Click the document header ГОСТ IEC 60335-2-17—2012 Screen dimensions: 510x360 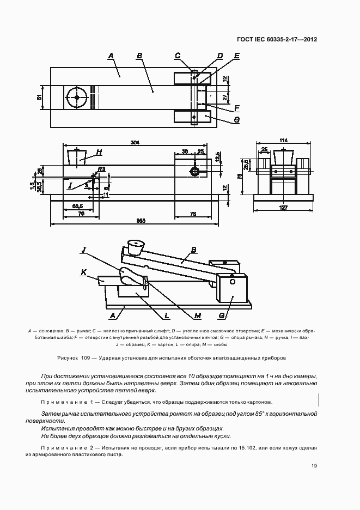click(277, 39)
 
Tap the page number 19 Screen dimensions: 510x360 click(314, 465)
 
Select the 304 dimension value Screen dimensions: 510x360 click(136, 143)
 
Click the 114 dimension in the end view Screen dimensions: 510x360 click(283, 141)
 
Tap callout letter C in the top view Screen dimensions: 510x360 click(178, 56)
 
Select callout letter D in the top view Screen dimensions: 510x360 click(220, 56)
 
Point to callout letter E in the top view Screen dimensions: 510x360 click(237, 56)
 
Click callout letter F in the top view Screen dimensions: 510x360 click(237, 107)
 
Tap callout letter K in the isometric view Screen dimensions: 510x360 click(84, 271)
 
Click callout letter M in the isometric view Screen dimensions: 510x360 click(198, 315)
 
